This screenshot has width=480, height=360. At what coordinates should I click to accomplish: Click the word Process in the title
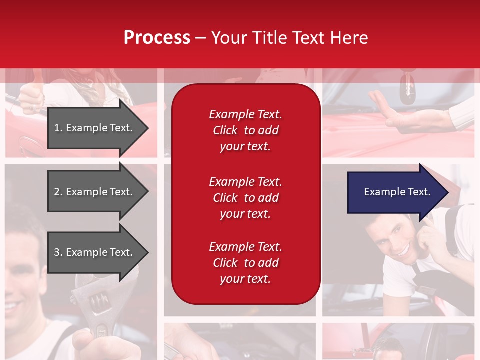coord(157,38)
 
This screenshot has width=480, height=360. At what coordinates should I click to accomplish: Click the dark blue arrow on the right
coord(395,192)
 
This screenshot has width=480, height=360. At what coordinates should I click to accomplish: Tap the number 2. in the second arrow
coord(58,192)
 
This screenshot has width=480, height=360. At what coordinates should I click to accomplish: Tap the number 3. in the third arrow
coord(58,252)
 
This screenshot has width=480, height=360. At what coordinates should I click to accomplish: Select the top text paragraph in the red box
coord(245,130)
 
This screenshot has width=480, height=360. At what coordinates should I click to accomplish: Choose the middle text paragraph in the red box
coord(245,198)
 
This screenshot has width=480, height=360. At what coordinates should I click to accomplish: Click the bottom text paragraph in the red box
coord(245,263)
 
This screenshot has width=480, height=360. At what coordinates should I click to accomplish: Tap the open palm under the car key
coord(405,118)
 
